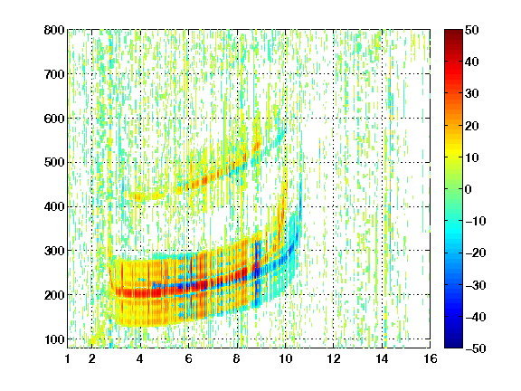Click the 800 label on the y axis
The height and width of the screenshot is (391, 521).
(x=54, y=30)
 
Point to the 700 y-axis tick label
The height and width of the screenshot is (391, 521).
(x=54, y=74)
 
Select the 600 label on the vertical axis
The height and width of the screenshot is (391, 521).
(x=54, y=119)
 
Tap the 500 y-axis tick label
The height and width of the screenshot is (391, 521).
(x=54, y=163)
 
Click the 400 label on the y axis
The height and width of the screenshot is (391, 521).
(x=54, y=207)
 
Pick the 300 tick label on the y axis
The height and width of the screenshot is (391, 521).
(x=54, y=251)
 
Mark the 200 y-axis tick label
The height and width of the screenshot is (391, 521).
(x=54, y=295)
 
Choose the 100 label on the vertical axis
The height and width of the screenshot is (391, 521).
(x=54, y=339)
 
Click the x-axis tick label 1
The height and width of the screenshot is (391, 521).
(x=68, y=358)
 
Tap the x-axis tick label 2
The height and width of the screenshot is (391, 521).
(x=92, y=358)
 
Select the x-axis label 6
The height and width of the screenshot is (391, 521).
(x=188, y=358)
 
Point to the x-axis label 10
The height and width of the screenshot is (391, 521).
(x=285, y=358)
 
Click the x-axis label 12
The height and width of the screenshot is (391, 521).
(x=334, y=358)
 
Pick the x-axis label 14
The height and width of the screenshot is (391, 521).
(x=382, y=358)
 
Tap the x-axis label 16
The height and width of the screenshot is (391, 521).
(x=431, y=358)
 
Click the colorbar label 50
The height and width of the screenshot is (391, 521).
(x=471, y=30)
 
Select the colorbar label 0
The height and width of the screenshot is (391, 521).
(x=469, y=189)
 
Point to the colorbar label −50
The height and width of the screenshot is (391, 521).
(x=475, y=348)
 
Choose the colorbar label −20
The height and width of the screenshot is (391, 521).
(x=475, y=253)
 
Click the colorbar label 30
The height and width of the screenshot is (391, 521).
(x=471, y=94)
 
